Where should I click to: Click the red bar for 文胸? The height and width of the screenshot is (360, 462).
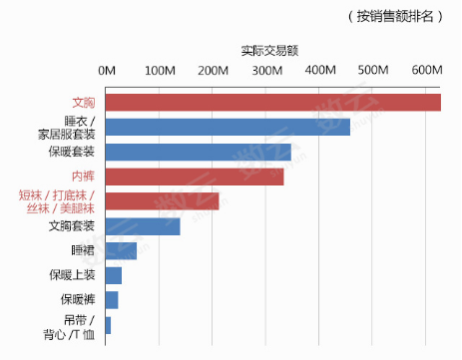[x=272, y=103]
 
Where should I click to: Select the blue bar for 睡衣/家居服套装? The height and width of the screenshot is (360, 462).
[x=228, y=127]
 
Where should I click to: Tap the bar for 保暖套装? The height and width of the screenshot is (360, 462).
[x=198, y=152]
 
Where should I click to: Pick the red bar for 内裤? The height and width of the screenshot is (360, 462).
[x=195, y=177]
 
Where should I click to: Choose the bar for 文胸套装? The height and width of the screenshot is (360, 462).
[x=143, y=226]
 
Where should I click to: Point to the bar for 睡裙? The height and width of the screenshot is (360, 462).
[x=121, y=250]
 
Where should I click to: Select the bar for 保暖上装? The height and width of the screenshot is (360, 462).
[x=114, y=275]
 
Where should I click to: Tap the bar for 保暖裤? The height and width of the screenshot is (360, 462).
[x=112, y=300]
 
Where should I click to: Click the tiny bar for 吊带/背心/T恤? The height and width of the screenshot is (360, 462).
[x=108, y=325]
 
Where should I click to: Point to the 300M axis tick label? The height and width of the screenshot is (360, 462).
[x=266, y=71]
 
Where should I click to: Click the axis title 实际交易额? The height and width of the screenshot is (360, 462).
[x=269, y=49]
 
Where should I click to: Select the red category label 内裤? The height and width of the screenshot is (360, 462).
[x=83, y=177]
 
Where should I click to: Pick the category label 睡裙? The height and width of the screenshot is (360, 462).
[x=83, y=250]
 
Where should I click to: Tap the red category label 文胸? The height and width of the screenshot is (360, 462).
[x=83, y=103]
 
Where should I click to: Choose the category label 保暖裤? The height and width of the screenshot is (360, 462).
[x=76, y=300]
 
